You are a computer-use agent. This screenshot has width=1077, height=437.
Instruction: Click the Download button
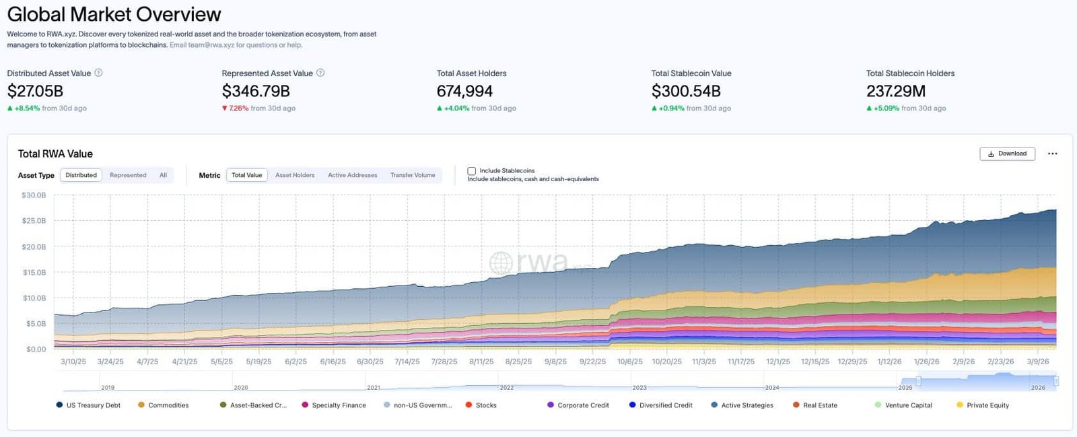pyautogui.click(x=1007, y=154)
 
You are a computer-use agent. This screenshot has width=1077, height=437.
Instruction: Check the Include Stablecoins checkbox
pyautogui.click(x=472, y=171)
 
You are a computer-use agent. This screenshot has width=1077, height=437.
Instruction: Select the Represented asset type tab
pyautogui.click(x=128, y=175)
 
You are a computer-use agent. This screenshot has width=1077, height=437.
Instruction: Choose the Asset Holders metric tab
pyautogui.click(x=295, y=175)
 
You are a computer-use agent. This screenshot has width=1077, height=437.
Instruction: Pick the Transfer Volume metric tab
pyautogui.click(x=413, y=175)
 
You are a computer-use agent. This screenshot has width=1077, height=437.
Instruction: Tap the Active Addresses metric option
pyautogui.click(x=352, y=175)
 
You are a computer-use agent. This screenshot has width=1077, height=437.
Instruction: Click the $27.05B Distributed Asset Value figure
pyautogui.click(x=35, y=91)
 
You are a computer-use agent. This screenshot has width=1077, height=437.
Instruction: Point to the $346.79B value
pyautogui.click(x=256, y=91)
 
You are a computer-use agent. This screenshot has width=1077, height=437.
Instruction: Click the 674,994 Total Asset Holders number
pyautogui.click(x=464, y=91)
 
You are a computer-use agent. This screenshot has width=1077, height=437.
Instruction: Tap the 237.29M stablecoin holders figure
pyautogui.click(x=896, y=91)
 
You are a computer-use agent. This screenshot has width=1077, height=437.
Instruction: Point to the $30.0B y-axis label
pyautogui.click(x=34, y=195)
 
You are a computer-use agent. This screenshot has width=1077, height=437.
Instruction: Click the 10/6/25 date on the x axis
pyautogui.click(x=630, y=362)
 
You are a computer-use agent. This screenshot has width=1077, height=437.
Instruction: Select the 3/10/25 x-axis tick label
pyautogui.click(x=73, y=362)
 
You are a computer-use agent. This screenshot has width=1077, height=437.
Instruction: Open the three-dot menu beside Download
pyautogui.click(x=1053, y=154)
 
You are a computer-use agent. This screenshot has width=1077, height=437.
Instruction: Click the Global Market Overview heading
pyautogui.click(x=114, y=14)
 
